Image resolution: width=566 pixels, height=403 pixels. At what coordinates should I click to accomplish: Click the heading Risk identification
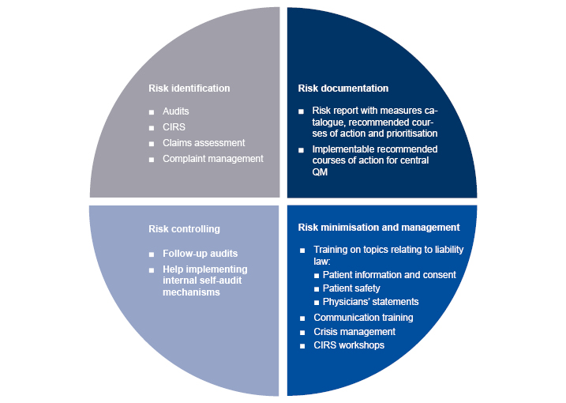(189, 89)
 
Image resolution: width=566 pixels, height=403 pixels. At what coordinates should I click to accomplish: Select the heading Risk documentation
(343, 89)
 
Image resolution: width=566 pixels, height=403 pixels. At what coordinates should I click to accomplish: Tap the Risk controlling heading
(184, 229)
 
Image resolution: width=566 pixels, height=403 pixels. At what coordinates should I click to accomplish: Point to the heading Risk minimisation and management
(379, 228)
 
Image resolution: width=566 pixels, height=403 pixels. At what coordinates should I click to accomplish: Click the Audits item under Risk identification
(176, 111)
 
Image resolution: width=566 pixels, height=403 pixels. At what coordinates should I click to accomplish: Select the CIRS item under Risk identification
(174, 127)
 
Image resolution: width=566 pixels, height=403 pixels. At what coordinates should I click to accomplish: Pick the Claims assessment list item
(204, 143)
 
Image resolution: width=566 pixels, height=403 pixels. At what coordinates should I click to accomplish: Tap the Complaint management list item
(213, 159)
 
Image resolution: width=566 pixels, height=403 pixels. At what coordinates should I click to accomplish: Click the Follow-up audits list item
(201, 254)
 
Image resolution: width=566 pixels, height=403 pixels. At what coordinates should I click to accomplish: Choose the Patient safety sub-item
(351, 288)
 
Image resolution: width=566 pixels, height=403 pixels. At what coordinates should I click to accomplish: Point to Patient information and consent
(389, 275)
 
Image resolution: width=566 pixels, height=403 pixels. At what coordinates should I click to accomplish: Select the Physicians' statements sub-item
(371, 302)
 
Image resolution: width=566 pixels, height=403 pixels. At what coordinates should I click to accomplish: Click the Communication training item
(363, 318)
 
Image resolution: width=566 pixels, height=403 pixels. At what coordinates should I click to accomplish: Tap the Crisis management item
(354, 332)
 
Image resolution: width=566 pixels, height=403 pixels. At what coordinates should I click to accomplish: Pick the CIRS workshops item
(349, 345)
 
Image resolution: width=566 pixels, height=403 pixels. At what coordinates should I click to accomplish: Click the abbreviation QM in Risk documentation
(320, 172)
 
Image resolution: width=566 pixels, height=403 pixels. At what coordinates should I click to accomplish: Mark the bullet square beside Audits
(152, 112)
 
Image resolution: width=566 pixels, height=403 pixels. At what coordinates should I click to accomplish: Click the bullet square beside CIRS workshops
(302, 346)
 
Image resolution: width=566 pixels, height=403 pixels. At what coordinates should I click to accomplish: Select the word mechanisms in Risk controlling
(191, 292)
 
